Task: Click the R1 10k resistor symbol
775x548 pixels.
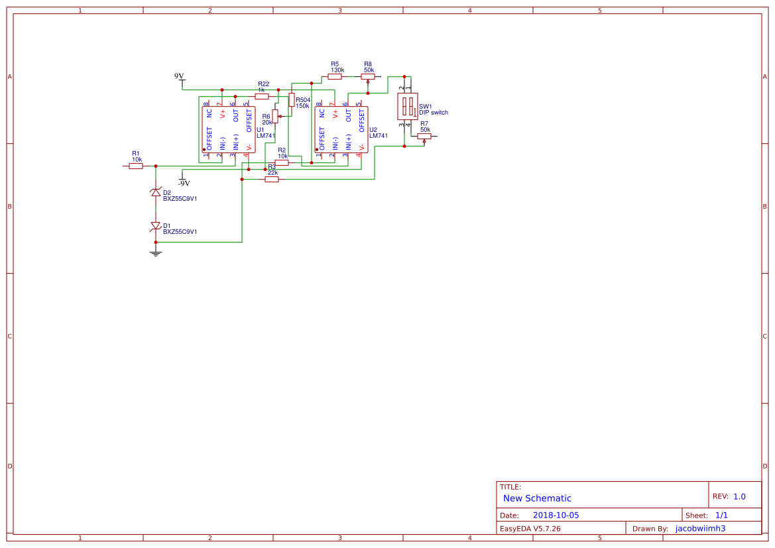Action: pyautogui.click(x=136, y=166)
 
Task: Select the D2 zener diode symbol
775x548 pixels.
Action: pyautogui.click(x=156, y=193)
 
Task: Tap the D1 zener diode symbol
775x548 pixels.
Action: pyautogui.click(x=156, y=226)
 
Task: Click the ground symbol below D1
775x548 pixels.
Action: pyautogui.click(x=156, y=252)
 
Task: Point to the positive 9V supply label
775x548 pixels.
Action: pyautogui.click(x=179, y=77)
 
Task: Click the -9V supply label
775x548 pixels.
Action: pyautogui.click(x=184, y=183)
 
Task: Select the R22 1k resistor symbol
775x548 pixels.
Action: pyautogui.click(x=262, y=96)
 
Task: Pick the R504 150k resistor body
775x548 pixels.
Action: pyautogui.click(x=291, y=99)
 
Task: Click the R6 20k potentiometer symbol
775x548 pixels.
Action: pyautogui.click(x=275, y=117)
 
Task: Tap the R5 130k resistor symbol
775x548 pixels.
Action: pyautogui.click(x=335, y=76)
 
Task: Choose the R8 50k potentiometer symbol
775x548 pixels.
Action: pyautogui.click(x=367, y=76)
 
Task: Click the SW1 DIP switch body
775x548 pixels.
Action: pyautogui.click(x=407, y=106)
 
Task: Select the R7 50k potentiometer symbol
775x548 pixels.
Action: pyautogui.click(x=424, y=136)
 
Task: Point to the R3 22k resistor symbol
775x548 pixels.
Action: pyautogui.click(x=272, y=179)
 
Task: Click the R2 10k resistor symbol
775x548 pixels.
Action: pyautogui.click(x=282, y=162)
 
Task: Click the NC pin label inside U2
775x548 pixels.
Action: pyautogui.click(x=322, y=113)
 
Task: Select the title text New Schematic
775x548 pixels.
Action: pyautogui.click(x=537, y=498)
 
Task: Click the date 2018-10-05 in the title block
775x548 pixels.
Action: pyautogui.click(x=556, y=515)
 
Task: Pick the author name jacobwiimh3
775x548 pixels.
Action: pyautogui.click(x=700, y=528)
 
